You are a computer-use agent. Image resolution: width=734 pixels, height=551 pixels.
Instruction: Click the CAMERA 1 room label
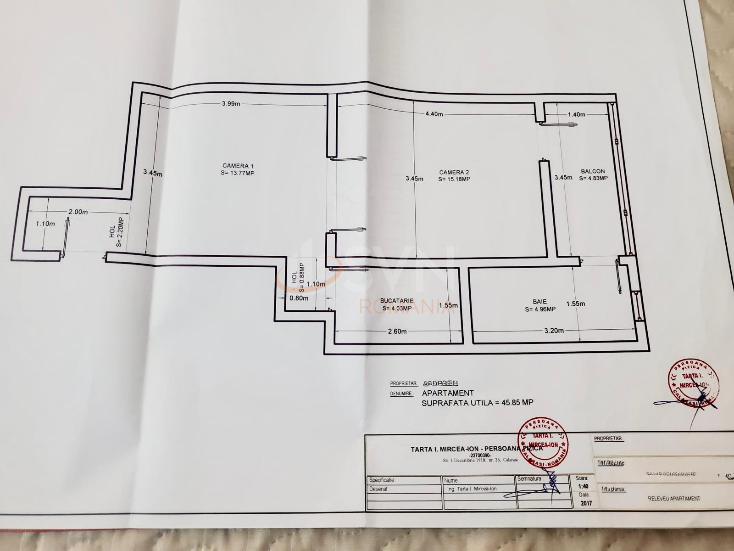coord(238,166)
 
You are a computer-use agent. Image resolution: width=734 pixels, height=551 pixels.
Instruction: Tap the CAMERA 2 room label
coord(454,173)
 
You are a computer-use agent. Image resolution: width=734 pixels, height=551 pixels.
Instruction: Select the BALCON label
coord(593,172)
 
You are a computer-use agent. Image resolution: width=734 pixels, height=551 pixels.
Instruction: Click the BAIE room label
coord(539,302)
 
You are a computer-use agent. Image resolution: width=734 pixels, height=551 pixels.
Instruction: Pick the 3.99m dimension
coord(231,104)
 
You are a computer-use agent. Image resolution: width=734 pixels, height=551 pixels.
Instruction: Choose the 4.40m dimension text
coord(434,114)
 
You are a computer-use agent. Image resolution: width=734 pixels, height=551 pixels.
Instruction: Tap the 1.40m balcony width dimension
coord(577,114)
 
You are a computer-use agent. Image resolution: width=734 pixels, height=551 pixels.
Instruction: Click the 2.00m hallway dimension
coord(78,212)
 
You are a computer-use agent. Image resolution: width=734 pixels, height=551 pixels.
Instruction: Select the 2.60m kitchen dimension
coord(397,331)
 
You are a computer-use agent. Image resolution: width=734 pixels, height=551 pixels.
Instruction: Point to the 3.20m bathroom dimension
coord(554,331)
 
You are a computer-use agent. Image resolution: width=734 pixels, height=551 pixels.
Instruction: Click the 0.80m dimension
coord(299,298)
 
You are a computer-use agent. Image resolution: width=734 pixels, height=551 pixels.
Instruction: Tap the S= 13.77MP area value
coord(238,173)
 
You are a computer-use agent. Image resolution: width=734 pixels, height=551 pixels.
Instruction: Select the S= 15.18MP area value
coord(454,179)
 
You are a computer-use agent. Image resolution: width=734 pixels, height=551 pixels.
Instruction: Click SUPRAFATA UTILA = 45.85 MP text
coord(477,403)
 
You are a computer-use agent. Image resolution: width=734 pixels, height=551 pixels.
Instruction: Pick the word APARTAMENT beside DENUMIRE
coord(448,393)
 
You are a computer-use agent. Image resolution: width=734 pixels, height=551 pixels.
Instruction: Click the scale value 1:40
coord(583,487)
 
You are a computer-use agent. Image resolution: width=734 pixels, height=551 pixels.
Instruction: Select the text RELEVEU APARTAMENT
coord(674,498)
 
